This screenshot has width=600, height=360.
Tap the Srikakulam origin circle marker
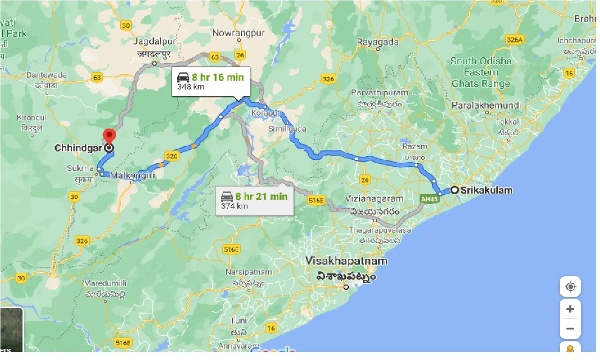click(x=454, y=190)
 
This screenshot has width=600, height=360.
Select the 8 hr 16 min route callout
click(x=211, y=82)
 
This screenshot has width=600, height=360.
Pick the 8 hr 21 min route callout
click(x=255, y=201)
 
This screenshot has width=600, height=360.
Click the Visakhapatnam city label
click(x=346, y=261)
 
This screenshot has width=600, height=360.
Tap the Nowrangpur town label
click(x=238, y=33)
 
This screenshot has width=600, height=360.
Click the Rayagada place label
click(x=377, y=42)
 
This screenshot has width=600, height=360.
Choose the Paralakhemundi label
click(x=487, y=105)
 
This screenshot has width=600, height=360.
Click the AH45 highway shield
click(x=429, y=199)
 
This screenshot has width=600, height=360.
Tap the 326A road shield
click(x=514, y=40)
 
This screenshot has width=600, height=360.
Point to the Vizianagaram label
click(x=374, y=198)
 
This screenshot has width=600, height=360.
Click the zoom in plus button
click(x=570, y=309)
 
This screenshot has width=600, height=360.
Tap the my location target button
click(x=570, y=287)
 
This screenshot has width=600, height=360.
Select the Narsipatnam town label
click(x=242, y=272)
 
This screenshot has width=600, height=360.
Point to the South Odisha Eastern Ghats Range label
click(x=481, y=72)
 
